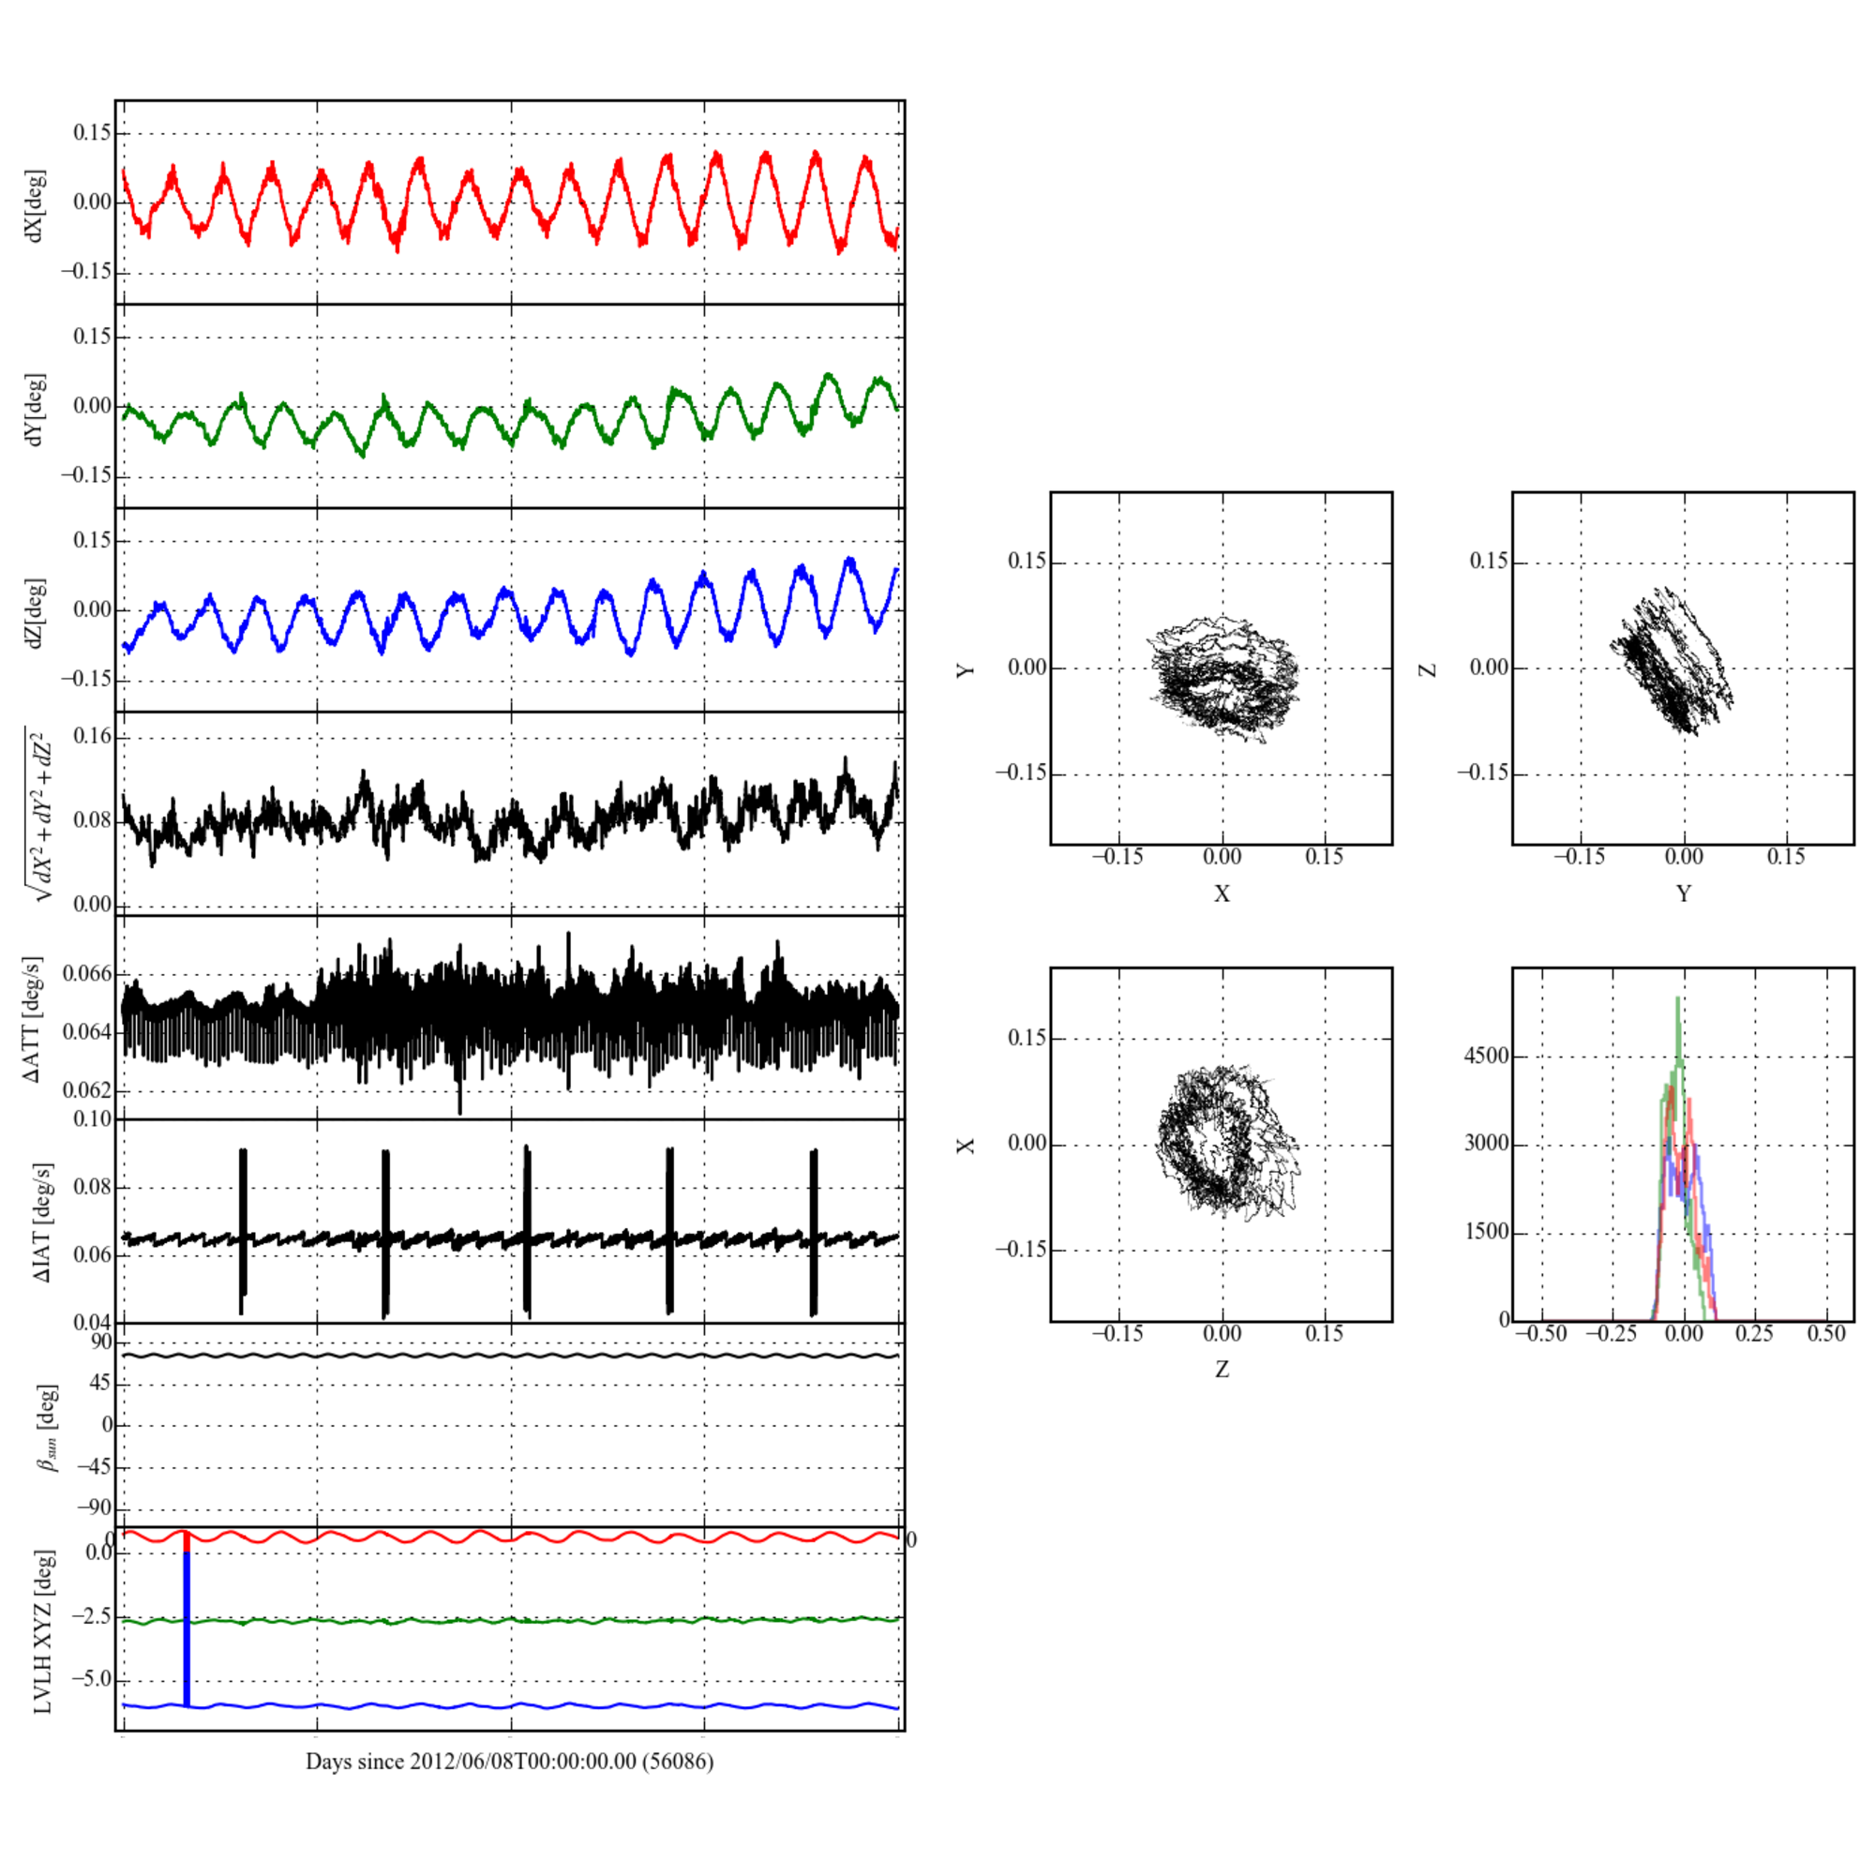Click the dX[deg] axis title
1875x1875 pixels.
(x=36, y=205)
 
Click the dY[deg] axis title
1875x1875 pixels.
(x=36, y=410)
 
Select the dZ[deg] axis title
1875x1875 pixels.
(x=36, y=613)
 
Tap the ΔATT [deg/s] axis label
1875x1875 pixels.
(x=33, y=1019)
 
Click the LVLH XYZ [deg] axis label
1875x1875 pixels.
(x=43, y=1631)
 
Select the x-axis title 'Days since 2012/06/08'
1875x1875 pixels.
(x=509, y=1762)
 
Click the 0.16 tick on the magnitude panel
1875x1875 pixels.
(x=92, y=737)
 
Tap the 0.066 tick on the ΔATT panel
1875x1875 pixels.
(x=87, y=973)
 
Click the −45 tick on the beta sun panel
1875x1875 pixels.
(x=93, y=1466)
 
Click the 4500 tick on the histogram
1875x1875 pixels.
(x=1486, y=1056)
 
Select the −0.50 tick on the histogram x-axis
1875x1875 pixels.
(x=1540, y=1334)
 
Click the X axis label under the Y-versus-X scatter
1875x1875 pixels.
(x=1221, y=893)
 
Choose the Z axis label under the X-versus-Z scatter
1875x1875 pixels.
(x=1221, y=1370)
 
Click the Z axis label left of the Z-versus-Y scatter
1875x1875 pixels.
(x=1428, y=668)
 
